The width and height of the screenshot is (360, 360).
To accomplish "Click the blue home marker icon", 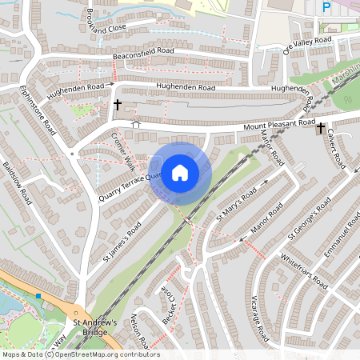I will pyautogui.click(x=180, y=173).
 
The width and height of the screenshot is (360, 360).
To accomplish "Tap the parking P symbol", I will pyautogui.click(x=326, y=7).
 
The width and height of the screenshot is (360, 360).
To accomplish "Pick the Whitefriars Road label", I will pyautogui.click(x=304, y=271).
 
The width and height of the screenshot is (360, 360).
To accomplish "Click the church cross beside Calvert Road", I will pyautogui.click(x=321, y=128).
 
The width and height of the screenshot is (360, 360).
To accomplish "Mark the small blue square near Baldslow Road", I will pyautogui.click(x=38, y=297).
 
